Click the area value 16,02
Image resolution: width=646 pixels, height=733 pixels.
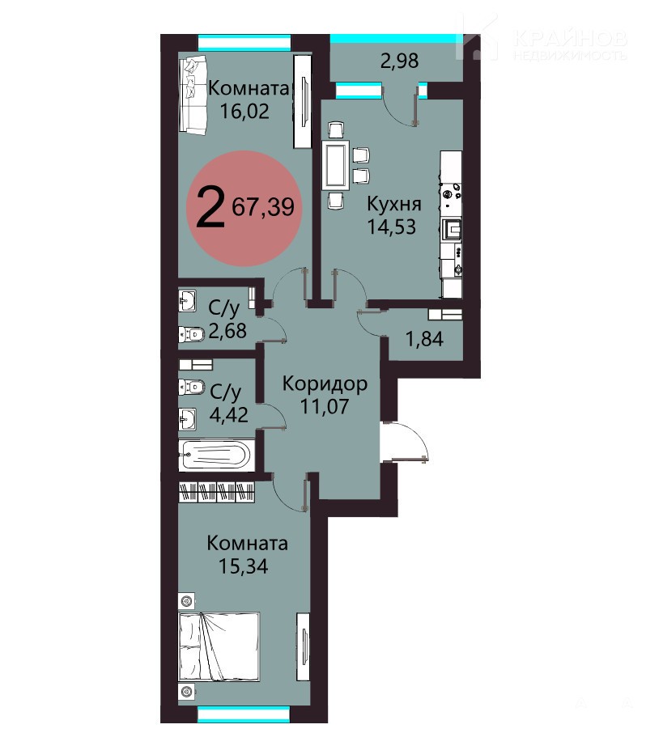[244, 112]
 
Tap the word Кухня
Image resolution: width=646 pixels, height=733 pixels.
[394, 205]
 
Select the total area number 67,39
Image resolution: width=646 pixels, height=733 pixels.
[263, 207]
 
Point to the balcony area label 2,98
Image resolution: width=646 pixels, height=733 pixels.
[399, 61]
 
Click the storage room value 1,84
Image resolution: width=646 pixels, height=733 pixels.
[425, 339]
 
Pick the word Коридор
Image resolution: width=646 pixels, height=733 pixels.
[325, 384]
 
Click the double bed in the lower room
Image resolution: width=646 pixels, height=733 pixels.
[219, 646]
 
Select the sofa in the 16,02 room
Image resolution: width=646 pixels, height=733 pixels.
[193, 95]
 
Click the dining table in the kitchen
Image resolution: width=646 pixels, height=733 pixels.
[335, 166]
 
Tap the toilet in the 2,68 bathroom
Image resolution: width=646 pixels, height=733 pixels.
[191, 335]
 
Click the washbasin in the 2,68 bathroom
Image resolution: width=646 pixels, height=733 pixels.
[188, 301]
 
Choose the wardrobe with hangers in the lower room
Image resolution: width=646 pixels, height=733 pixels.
[217, 491]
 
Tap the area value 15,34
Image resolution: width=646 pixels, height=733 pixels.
[244, 566]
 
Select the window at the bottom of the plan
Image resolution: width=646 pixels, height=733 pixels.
[243, 714]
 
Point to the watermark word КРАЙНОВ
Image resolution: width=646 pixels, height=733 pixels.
[570, 39]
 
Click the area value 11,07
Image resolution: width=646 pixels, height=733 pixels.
[324, 406]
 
